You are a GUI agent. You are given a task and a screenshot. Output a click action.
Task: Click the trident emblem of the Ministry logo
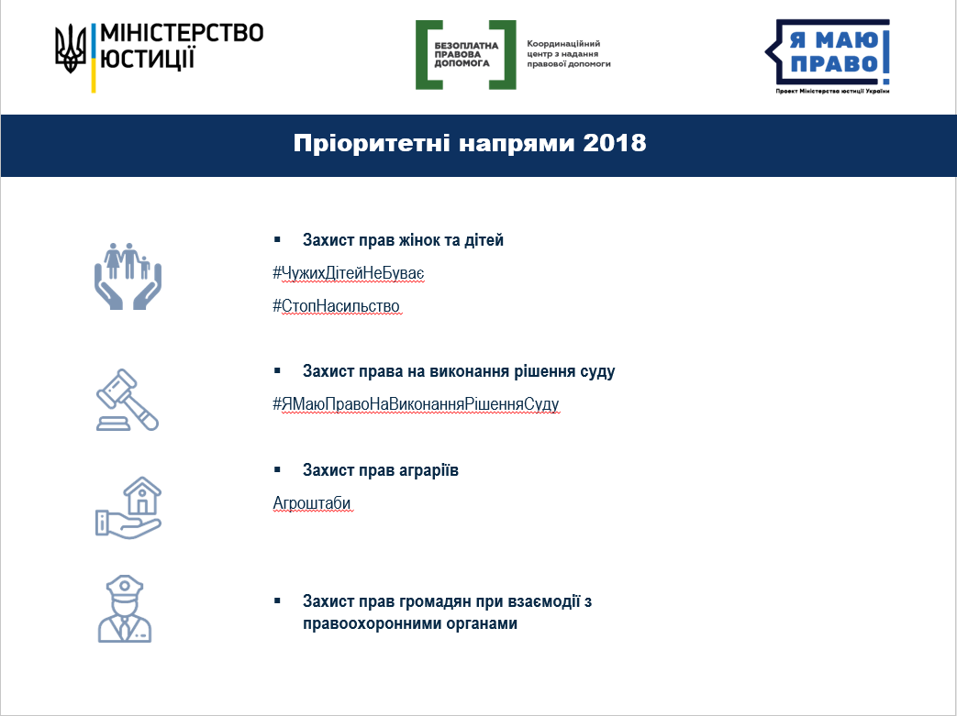[70, 49]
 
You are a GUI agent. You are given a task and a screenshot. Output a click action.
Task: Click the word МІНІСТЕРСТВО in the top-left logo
[182, 33]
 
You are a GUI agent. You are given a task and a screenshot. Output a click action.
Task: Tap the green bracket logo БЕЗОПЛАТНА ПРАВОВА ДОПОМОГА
[466, 55]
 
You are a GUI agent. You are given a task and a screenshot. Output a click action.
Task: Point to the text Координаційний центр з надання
[563, 49]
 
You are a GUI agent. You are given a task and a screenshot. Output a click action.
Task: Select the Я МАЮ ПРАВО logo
[828, 54]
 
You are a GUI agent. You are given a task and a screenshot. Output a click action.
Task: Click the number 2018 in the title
[614, 143]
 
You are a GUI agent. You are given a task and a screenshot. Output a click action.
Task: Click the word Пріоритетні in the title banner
[372, 143]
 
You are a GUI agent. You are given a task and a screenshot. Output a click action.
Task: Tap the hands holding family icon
[128, 276]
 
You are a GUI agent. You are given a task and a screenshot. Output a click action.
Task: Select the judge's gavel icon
[128, 400]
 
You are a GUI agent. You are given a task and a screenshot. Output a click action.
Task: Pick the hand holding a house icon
[128, 507]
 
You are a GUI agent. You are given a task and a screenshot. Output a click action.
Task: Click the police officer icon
[125, 609]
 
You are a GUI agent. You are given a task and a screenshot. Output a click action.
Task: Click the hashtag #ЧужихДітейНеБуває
[348, 273]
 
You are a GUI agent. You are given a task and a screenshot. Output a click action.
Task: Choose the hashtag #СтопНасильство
[337, 306]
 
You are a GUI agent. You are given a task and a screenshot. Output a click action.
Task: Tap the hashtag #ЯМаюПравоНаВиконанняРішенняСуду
[416, 404]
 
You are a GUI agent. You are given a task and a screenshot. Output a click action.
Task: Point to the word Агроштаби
[312, 503]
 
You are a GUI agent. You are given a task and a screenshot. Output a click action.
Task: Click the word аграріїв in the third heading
[428, 470]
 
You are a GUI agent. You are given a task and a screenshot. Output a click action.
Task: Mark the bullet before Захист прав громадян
[278, 601]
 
